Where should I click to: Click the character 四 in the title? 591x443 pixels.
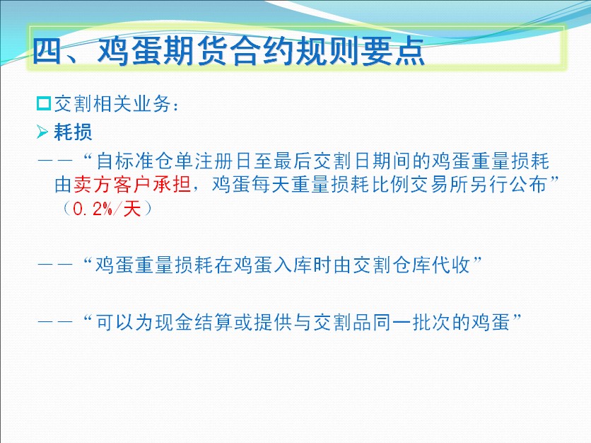[x=47, y=52]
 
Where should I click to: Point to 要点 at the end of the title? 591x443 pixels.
[x=393, y=52]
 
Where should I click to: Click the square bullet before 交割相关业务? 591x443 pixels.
[x=44, y=103]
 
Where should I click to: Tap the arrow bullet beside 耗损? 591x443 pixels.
[x=42, y=132]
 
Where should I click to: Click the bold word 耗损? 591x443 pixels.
[x=73, y=132]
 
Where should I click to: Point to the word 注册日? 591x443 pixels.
[x=223, y=161]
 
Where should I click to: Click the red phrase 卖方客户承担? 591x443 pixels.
[x=132, y=185]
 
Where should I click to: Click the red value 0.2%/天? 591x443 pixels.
[x=107, y=209]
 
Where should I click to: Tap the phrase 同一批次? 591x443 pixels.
[x=411, y=323]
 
